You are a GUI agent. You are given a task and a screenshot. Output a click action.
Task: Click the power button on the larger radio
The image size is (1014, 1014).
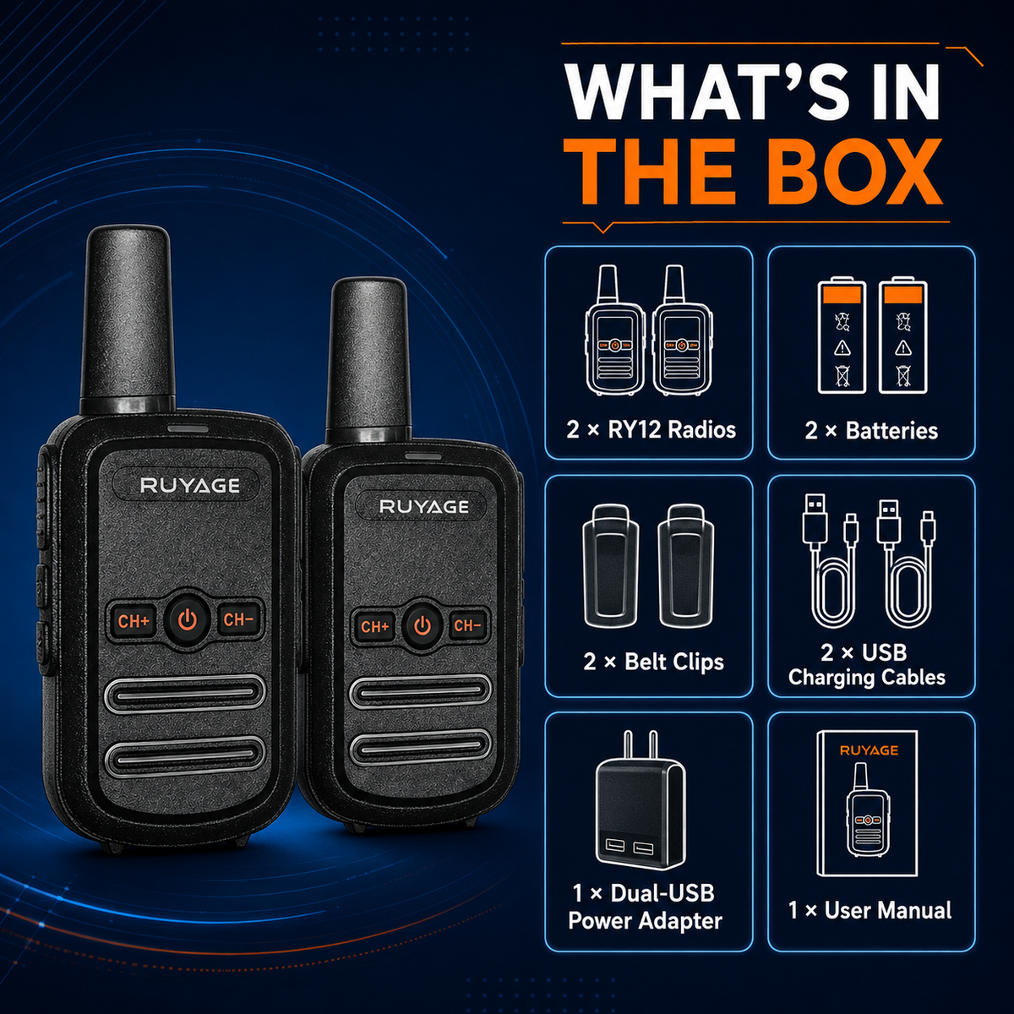tap(188, 620)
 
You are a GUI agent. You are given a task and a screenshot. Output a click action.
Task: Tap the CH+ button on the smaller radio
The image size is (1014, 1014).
tap(374, 626)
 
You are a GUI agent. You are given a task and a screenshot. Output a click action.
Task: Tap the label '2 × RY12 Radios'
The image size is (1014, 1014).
tap(651, 430)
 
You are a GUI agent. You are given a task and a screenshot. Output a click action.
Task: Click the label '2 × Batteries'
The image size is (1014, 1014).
tap(871, 430)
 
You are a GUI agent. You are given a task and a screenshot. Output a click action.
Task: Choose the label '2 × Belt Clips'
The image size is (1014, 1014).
tap(653, 662)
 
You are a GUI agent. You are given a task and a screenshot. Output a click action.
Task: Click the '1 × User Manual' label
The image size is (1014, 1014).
tap(870, 910)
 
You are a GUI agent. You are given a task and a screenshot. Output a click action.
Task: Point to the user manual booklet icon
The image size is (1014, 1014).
tap(868, 804)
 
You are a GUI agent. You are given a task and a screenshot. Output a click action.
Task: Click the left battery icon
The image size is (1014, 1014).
tap(842, 337)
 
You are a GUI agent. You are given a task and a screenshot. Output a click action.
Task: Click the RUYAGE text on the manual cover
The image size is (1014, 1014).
tap(869, 750)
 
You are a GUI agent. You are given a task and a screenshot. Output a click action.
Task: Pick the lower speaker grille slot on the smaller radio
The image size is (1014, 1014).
tap(419, 747)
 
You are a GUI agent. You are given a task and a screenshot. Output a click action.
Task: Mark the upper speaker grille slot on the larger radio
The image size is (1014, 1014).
tap(185, 695)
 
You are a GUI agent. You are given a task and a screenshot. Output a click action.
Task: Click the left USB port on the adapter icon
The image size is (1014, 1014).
tap(615, 847)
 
